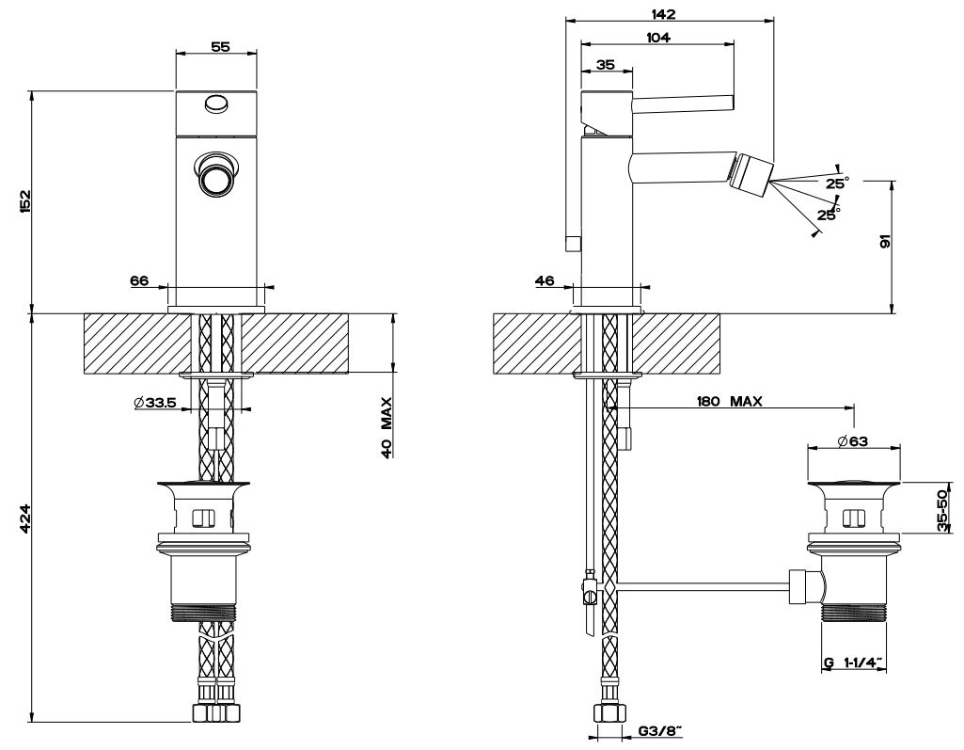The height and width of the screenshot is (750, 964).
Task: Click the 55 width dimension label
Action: tap(220, 46)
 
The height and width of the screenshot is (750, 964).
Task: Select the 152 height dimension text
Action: tap(25, 200)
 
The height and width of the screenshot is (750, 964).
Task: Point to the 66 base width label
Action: tap(139, 280)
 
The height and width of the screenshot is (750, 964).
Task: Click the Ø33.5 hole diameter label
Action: tap(157, 403)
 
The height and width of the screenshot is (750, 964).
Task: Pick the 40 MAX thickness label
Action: tap(387, 426)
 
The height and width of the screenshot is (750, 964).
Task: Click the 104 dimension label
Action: tap(657, 38)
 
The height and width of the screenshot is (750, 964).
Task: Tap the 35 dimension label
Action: tap(605, 64)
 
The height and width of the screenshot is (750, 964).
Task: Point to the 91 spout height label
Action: tap(885, 242)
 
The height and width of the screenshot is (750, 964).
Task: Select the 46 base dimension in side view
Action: tap(544, 280)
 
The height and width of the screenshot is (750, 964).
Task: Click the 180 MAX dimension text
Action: tap(729, 402)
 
